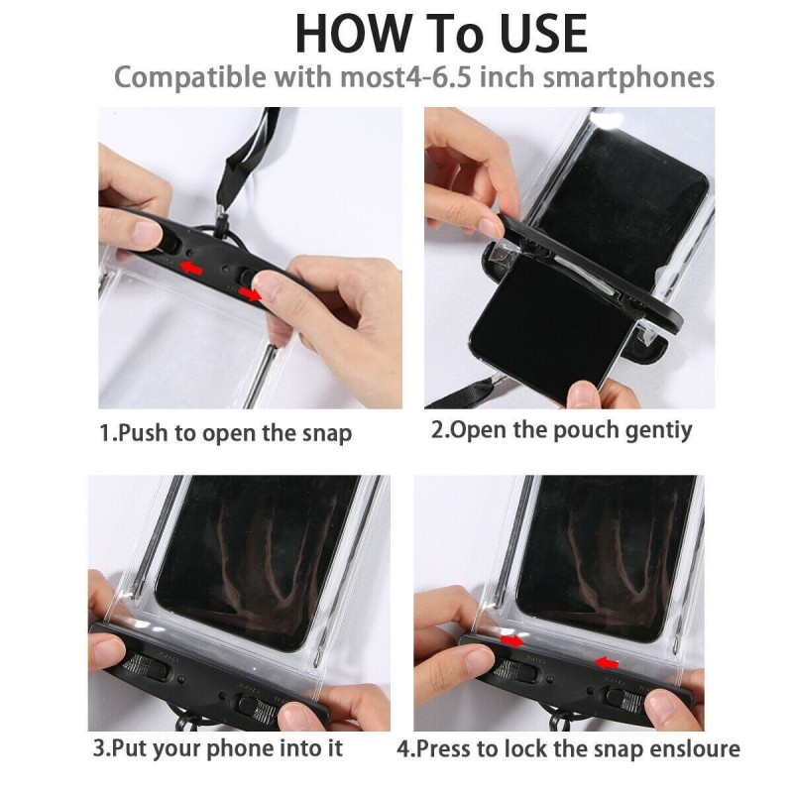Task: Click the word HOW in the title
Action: point(353,34)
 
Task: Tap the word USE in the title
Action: point(544,34)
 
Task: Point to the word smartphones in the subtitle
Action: point(628,78)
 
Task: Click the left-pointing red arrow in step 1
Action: point(191,267)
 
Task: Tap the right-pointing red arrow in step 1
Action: point(251,293)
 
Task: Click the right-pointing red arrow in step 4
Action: point(511,641)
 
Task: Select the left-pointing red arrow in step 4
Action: point(606,662)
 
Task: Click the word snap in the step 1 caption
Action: point(327,434)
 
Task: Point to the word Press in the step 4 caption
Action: point(445,748)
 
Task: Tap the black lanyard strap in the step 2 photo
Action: point(460,395)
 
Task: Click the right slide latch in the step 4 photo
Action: point(625,700)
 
